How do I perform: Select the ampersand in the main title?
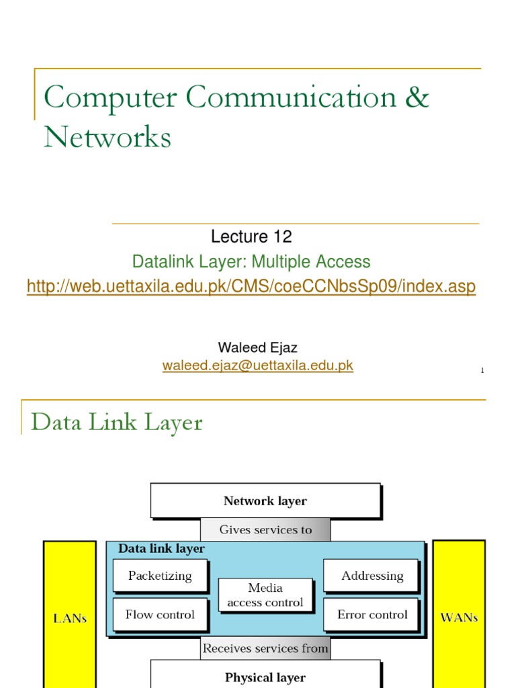tap(417, 98)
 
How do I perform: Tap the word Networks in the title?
tap(107, 138)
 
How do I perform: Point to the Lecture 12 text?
tap(251, 236)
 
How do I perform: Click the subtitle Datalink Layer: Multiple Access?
tap(251, 261)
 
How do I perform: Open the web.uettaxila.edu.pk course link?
tap(251, 287)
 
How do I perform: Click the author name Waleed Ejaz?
tap(257, 348)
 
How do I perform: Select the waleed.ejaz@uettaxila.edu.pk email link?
tap(257, 365)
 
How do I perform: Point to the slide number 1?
tap(482, 371)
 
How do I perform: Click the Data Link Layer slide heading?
tap(117, 423)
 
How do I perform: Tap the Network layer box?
tap(265, 501)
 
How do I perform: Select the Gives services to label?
tap(265, 529)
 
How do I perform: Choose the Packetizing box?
tap(160, 576)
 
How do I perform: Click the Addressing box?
tap(372, 576)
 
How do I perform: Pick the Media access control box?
tap(265, 595)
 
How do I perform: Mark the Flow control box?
tap(160, 615)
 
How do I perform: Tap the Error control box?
tap(372, 615)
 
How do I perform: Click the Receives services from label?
tap(265, 648)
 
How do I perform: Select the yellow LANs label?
tap(70, 618)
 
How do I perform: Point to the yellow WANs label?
tap(459, 617)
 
